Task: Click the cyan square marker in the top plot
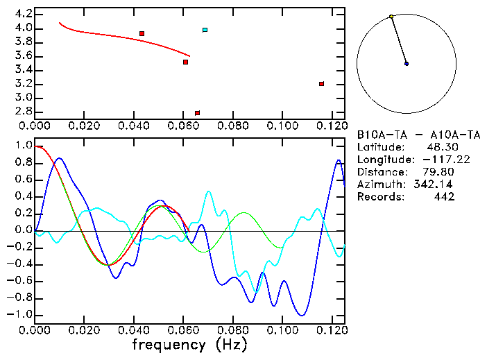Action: point(205,30)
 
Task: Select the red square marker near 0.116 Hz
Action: point(321,84)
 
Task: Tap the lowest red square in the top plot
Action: point(197,113)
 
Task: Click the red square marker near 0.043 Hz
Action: point(142,33)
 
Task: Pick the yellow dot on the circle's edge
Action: point(391,17)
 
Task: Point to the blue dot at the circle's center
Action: point(407,64)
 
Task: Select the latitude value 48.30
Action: point(441,147)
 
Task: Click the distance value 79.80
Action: point(441,172)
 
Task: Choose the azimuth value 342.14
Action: point(437,185)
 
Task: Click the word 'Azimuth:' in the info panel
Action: point(379,185)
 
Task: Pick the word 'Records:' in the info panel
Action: point(379,197)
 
